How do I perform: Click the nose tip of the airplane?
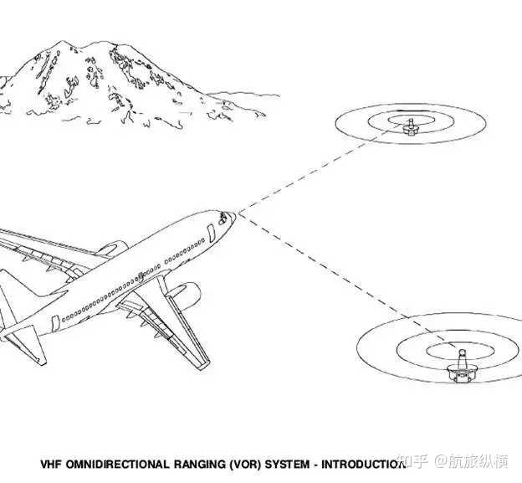click(x=235, y=216)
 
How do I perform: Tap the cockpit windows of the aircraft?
click(x=223, y=218)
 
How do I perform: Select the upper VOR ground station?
click(x=410, y=128)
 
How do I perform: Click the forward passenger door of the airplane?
click(x=210, y=234)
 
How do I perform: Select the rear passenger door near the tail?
click(x=54, y=323)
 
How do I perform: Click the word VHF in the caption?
click(x=53, y=463)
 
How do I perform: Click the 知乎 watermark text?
click(x=413, y=462)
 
